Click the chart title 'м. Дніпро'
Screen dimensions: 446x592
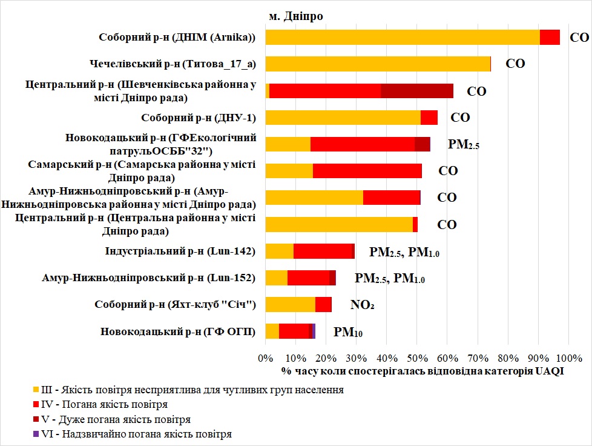296,16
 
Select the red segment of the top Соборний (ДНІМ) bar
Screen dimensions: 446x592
550,37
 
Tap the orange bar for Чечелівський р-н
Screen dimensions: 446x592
378,64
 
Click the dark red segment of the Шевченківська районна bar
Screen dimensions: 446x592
416,91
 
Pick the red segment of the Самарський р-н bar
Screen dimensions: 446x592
367,171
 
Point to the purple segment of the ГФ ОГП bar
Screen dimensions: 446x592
314,331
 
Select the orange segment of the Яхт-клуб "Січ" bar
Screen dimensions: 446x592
290,304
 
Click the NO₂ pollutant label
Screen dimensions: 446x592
362,305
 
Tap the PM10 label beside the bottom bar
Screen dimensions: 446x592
348,332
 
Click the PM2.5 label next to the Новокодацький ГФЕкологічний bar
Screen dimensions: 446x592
463,144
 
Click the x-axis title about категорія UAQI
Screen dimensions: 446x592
423,371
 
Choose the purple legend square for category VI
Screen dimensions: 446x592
35,434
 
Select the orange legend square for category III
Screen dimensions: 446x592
35,389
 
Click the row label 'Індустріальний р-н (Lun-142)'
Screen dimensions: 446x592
181,251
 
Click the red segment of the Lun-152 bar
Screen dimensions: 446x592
308,278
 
